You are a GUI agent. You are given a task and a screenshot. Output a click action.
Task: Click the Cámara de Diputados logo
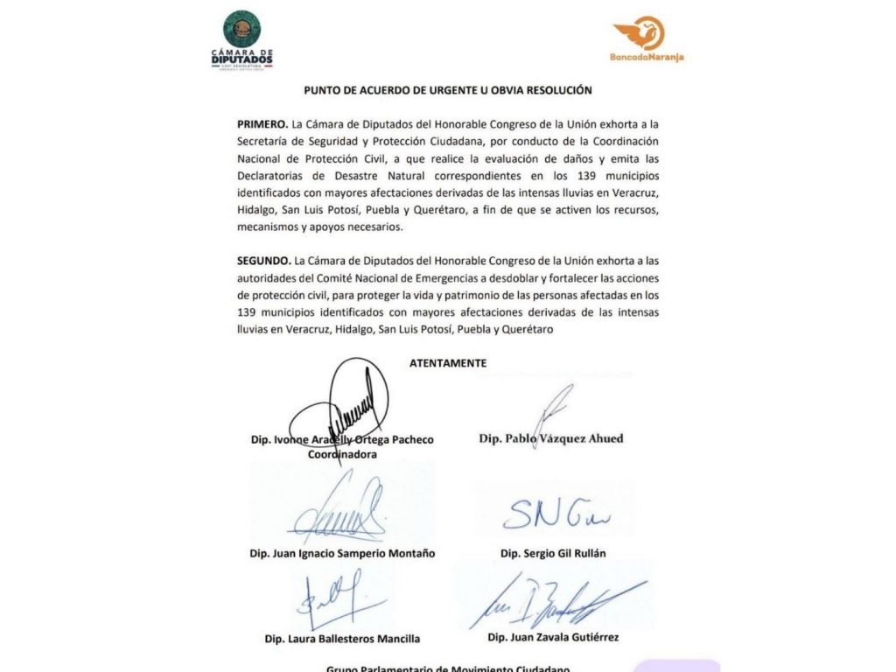242,39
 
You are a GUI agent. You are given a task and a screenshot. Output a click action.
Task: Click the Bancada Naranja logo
648,39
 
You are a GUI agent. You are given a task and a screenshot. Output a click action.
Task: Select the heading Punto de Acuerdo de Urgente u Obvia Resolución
448,90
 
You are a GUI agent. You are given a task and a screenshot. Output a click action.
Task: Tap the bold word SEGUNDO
263,260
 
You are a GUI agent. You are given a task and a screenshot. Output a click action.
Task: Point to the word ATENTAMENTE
448,362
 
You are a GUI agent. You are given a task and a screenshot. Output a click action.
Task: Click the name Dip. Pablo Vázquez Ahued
551,438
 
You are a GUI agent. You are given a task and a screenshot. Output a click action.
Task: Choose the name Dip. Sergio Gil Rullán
553,553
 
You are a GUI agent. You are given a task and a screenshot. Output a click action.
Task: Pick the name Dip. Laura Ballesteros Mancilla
342,639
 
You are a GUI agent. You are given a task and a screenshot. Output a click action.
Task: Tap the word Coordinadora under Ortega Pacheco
342,454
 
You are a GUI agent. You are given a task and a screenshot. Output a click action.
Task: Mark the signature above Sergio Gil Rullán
549,516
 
